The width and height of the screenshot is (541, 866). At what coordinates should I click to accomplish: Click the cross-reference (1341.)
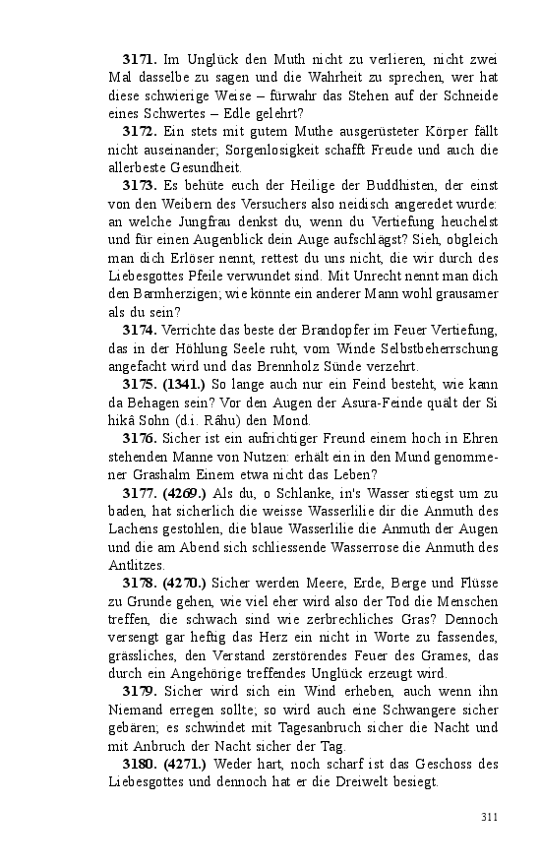pyautogui.click(x=184, y=383)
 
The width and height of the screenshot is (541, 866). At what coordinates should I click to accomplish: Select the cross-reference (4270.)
pyautogui.click(x=184, y=583)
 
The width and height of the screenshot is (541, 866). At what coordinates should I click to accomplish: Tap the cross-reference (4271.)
pyautogui.click(x=184, y=763)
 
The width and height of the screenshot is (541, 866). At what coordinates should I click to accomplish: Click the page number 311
pyautogui.click(x=489, y=817)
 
